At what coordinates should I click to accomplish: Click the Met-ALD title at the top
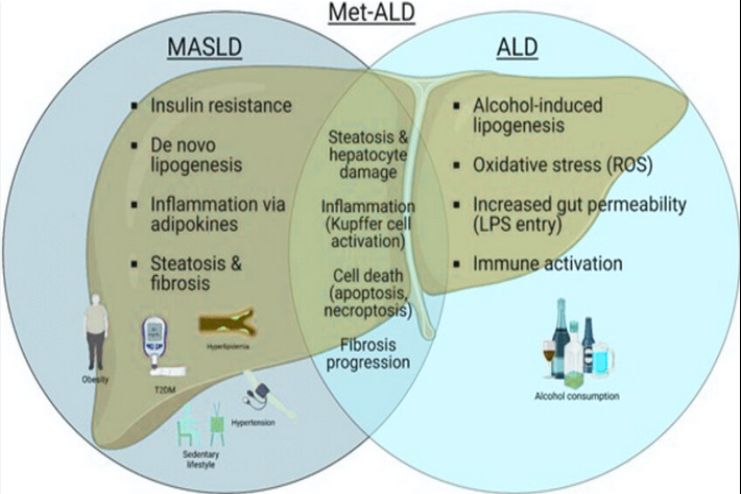[x=370, y=14]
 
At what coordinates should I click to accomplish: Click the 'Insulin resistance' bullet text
[x=220, y=105]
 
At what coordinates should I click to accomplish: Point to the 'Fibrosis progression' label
[x=370, y=354]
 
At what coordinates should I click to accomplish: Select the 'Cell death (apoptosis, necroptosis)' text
[x=370, y=292]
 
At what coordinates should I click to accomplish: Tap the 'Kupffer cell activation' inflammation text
[x=370, y=225]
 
